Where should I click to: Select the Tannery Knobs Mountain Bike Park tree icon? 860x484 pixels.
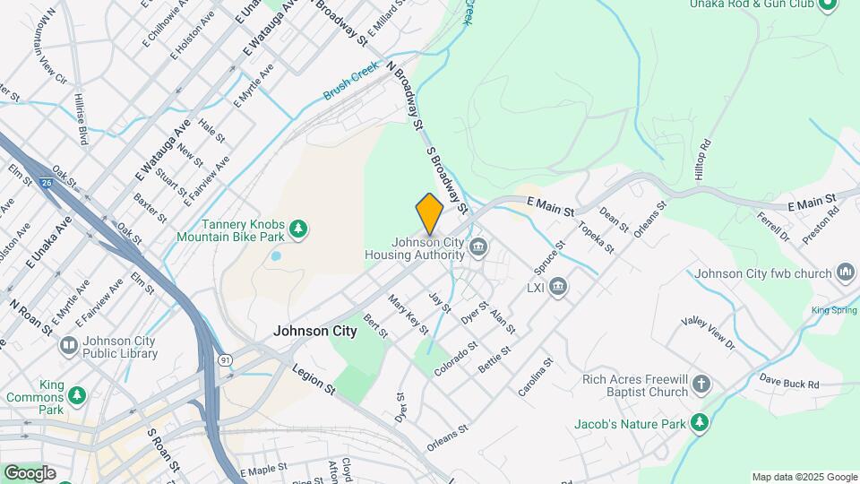pyautogui.click(x=299, y=230)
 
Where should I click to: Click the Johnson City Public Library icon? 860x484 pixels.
pyautogui.click(x=68, y=345)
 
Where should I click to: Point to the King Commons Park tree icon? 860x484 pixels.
pyautogui.click(x=78, y=394)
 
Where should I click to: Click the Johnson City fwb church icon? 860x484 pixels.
pyautogui.click(x=845, y=272)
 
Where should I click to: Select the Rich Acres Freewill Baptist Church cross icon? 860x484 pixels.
pyautogui.click(x=701, y=385)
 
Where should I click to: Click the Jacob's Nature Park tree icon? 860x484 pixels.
pyautogui.click(x=700, y=422)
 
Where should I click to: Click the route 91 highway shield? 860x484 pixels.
pyautogui.click(x=224, y=359)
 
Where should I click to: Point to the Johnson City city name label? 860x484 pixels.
pyautogui.click(x=314, y=331)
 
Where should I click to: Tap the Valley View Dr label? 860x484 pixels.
pyautogui.click(x=707, y=333)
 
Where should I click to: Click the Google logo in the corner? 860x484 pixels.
pyautogui.click(x=30, y=472)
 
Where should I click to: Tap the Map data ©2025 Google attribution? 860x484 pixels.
pyautogui.click(x=804, y=477)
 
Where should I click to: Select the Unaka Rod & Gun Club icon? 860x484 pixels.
pyautogui.click(x=826, y=5)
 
